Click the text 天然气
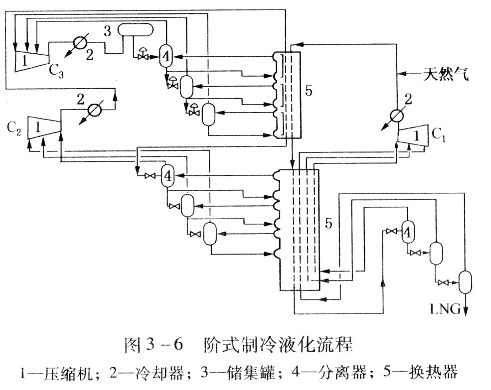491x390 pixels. point(445,76)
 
